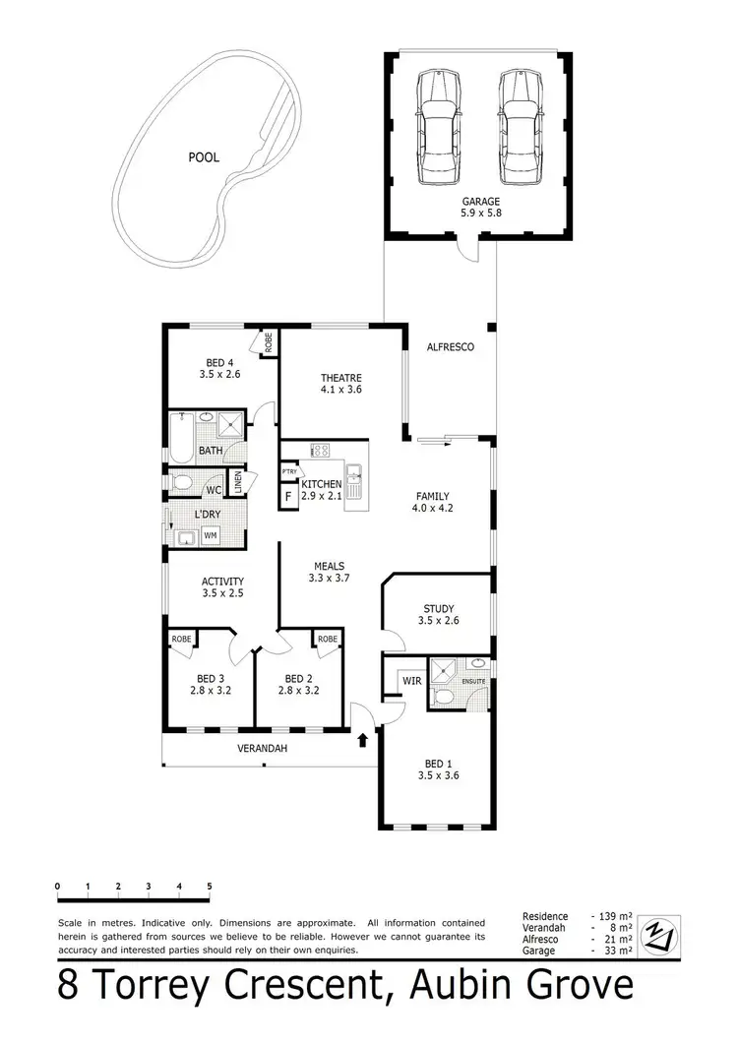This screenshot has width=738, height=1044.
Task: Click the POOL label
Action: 204,156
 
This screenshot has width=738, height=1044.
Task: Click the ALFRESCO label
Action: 451,347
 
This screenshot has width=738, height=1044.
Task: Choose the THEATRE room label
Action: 341,384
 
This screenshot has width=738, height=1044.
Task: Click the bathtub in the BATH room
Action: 181,437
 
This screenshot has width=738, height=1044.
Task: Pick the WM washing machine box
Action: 210,535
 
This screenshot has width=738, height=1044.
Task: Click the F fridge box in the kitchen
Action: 288,497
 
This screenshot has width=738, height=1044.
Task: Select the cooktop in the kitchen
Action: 321,451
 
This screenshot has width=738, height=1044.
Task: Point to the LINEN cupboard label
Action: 237,483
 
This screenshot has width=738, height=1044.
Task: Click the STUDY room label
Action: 439,614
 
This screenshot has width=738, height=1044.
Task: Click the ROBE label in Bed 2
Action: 328,639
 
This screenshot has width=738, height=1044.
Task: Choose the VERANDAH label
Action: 262,749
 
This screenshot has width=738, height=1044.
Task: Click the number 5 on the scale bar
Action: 210,887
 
